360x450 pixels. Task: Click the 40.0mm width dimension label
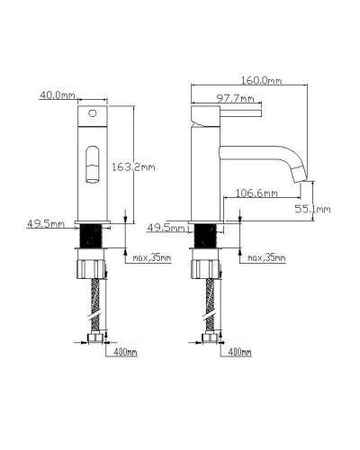pos(56,93)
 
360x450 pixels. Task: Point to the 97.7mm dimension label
pos(235,98)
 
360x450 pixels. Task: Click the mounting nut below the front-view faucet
pos(90,267)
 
